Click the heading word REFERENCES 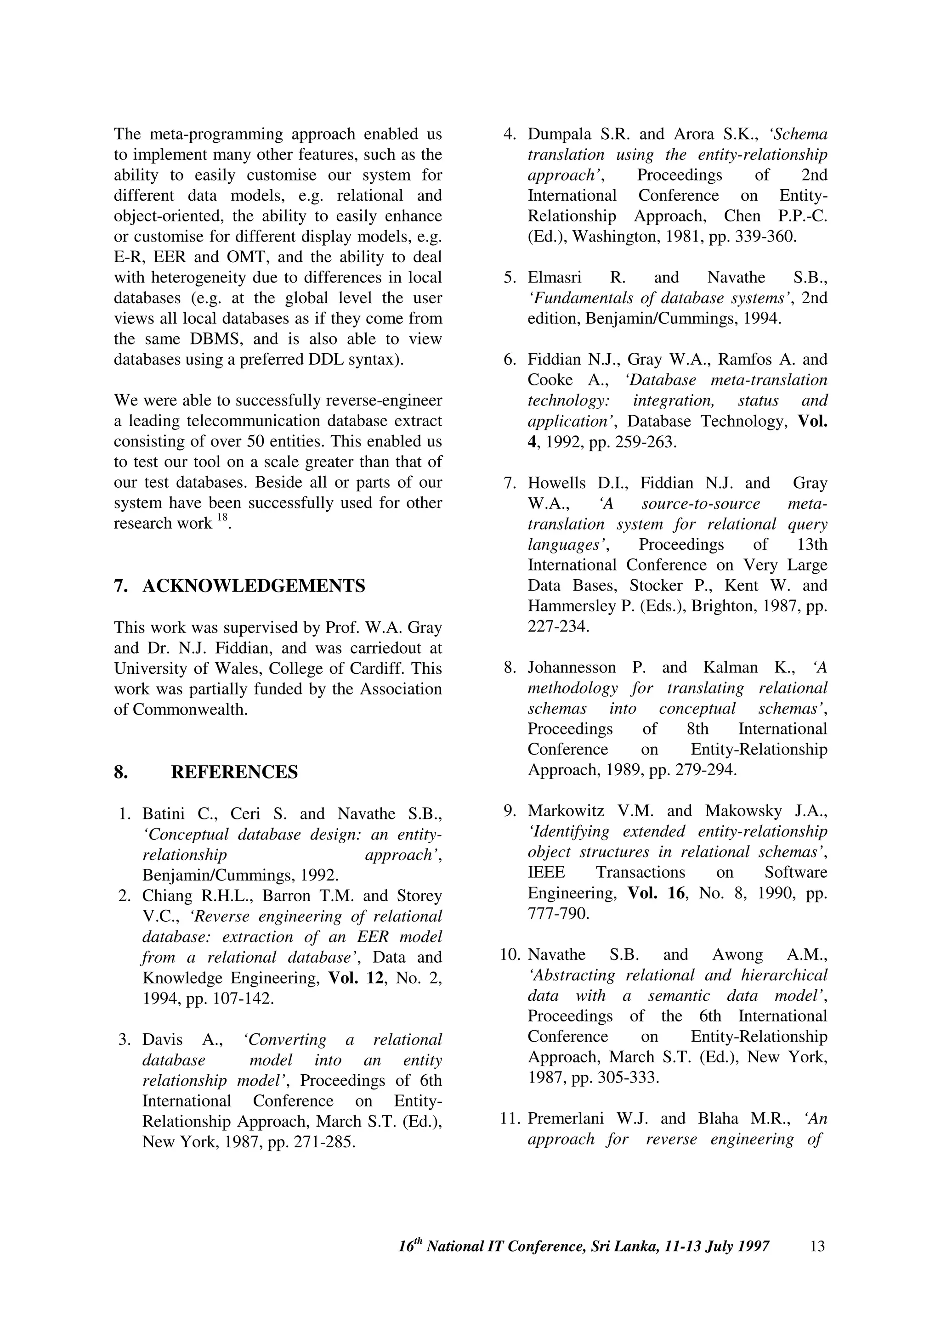(234, 772)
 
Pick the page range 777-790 (558, 914)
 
